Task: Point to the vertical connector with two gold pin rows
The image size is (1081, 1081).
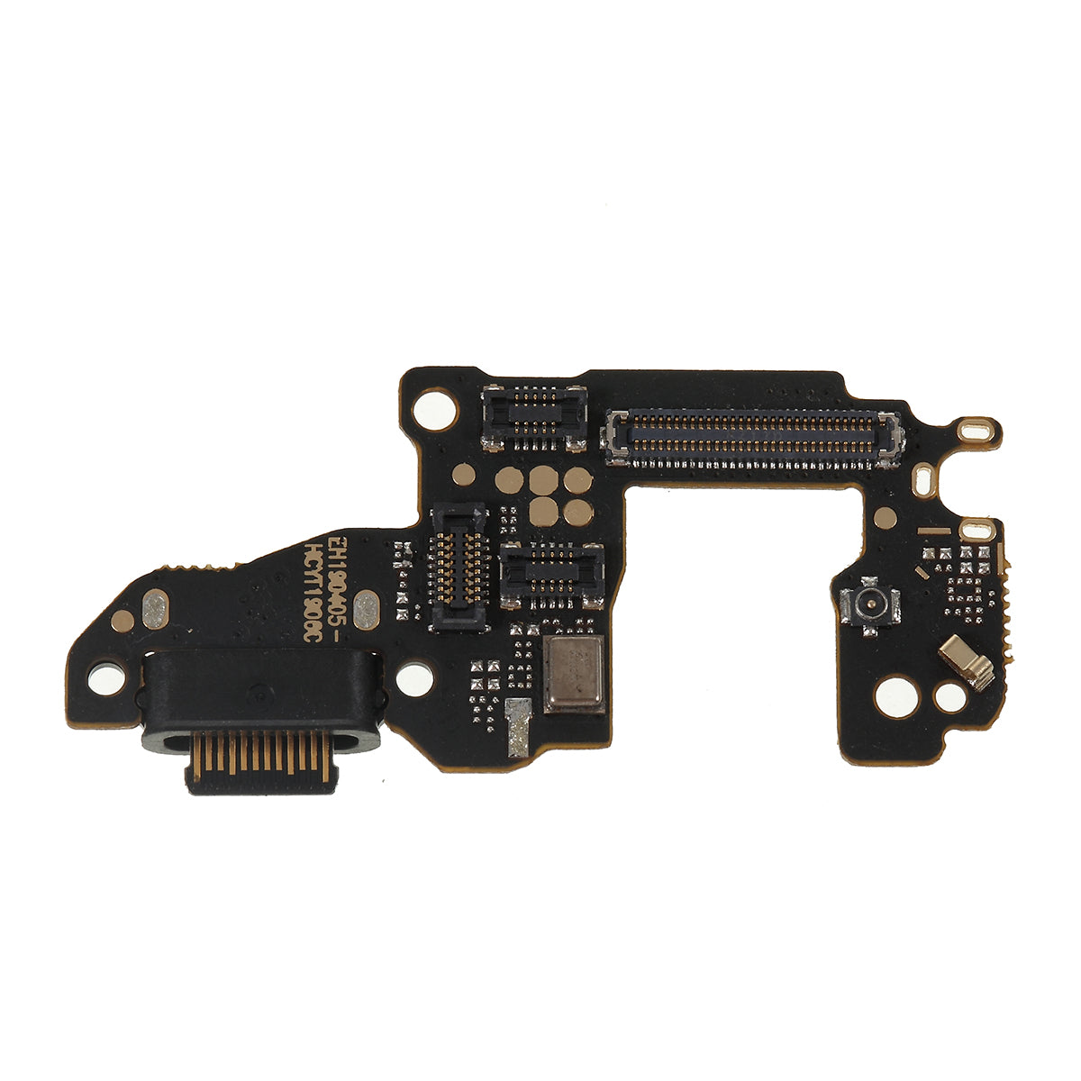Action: point(460,567)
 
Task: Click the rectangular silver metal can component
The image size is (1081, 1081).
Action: point(574,674)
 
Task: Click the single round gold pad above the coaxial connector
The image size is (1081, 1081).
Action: point(886,517)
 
